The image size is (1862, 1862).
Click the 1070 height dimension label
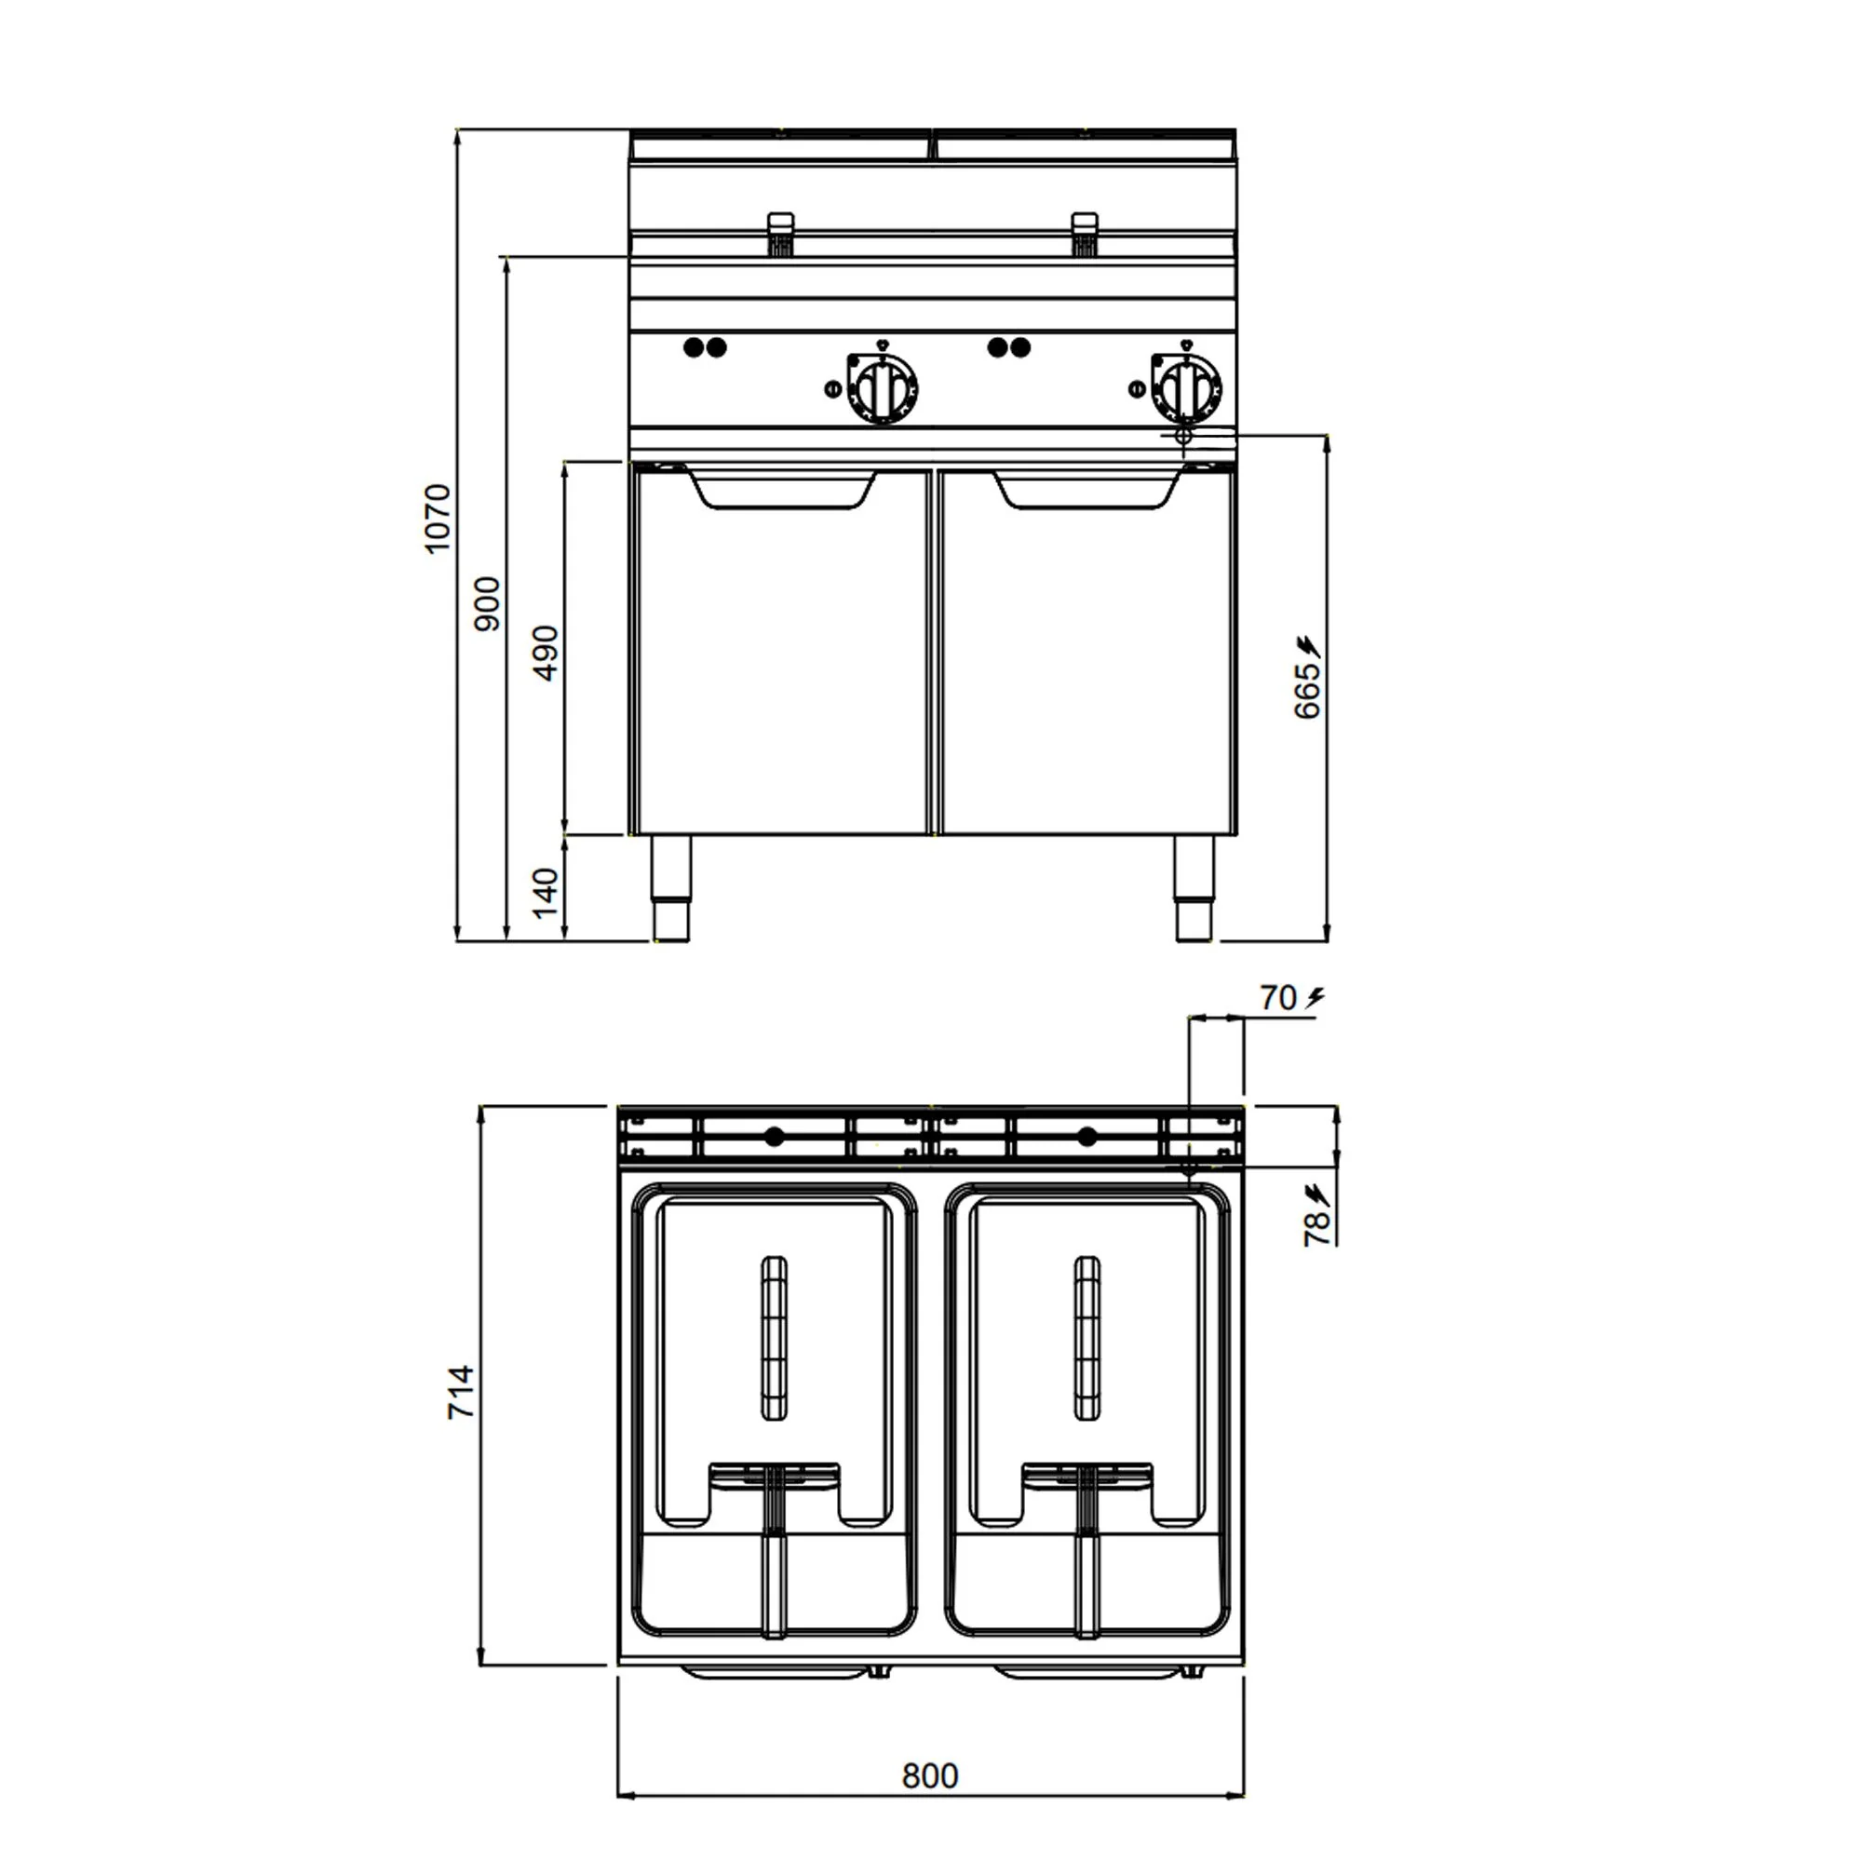(x=437, y=519)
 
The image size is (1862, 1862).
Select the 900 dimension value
(x=488, y=603)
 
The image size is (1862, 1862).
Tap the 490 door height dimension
(x=545, y=653)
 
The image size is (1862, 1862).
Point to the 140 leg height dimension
(x=545, y=892)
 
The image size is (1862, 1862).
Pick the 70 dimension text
(x=1278, y=997)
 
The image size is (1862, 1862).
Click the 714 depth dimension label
(x=461, y=1392)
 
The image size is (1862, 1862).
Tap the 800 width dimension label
(x=930, y=1774)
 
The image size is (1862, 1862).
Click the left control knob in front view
(x=882, y=387)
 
